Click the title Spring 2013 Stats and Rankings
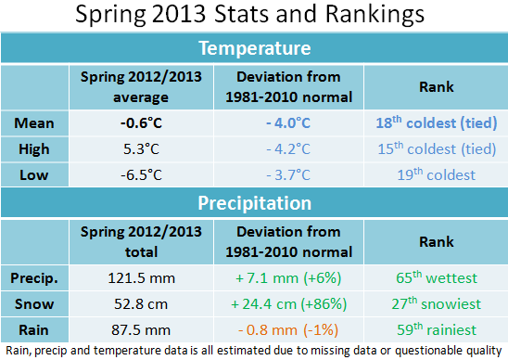[253, 16]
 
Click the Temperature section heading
[253, 47]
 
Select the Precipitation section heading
[253, 202]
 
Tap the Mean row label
[34, 122]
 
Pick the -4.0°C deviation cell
[287, 122]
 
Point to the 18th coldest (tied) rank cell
[435, 122]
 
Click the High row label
[34, 148]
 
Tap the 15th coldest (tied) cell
[435, 148]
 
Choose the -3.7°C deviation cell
[287, 174]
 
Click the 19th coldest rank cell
[435, 174]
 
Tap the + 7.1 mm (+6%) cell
[287, 276]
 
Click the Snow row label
[34, 302]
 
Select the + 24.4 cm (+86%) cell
[287, 302]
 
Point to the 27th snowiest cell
[435, 302]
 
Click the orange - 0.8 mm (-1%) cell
[287, 328]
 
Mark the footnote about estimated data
[253, 350]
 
